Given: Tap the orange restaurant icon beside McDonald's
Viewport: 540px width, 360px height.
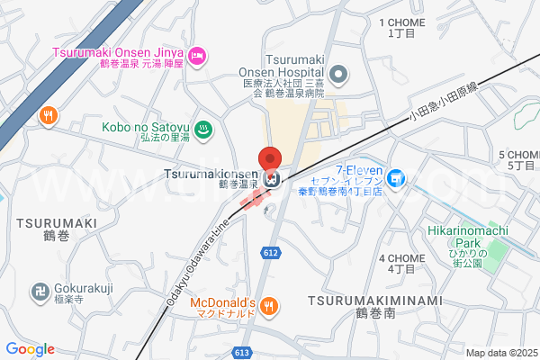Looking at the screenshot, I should pos(268,308).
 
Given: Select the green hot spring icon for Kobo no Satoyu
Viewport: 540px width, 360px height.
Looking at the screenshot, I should pos(203,129).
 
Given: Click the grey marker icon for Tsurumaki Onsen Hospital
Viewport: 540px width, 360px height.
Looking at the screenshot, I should pos(338,73).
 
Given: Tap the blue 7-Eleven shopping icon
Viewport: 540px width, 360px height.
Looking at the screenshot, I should pos(397,180).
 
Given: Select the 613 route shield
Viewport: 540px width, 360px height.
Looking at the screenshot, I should pos(240,352).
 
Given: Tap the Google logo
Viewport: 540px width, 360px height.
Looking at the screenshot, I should pos(30,349).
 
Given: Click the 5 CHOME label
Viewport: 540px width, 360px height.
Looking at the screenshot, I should pos(516,154).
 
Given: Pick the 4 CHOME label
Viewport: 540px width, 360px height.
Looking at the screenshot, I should pos(400,258).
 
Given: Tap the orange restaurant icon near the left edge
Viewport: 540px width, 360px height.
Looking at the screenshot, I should pos(50,115).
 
